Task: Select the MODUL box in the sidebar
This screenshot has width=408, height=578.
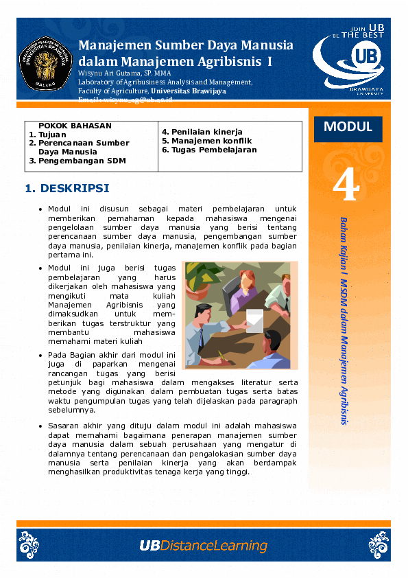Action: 348,127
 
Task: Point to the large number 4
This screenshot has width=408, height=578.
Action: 346,185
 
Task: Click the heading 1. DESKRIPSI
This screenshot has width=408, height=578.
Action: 67,187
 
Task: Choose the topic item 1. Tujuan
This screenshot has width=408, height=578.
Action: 48,135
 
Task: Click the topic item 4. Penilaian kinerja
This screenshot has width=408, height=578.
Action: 202,132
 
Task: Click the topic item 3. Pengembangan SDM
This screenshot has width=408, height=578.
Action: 77,161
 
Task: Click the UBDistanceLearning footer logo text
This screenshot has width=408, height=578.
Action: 203,546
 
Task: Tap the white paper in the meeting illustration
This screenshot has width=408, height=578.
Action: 254,320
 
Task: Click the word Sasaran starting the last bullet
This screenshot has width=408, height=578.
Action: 64,426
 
